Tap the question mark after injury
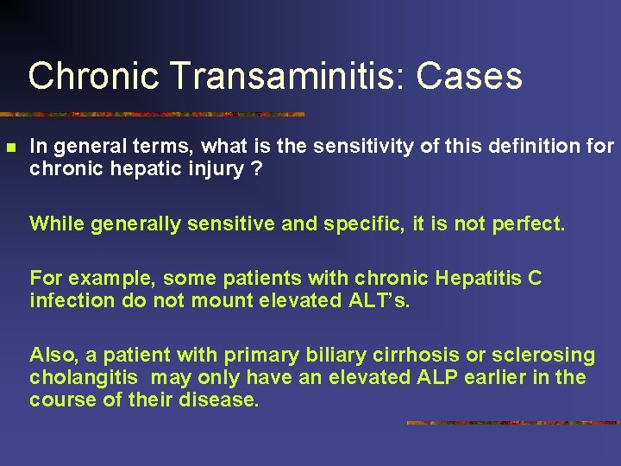tap(256, 168)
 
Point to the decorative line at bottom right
tap(513, 423)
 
